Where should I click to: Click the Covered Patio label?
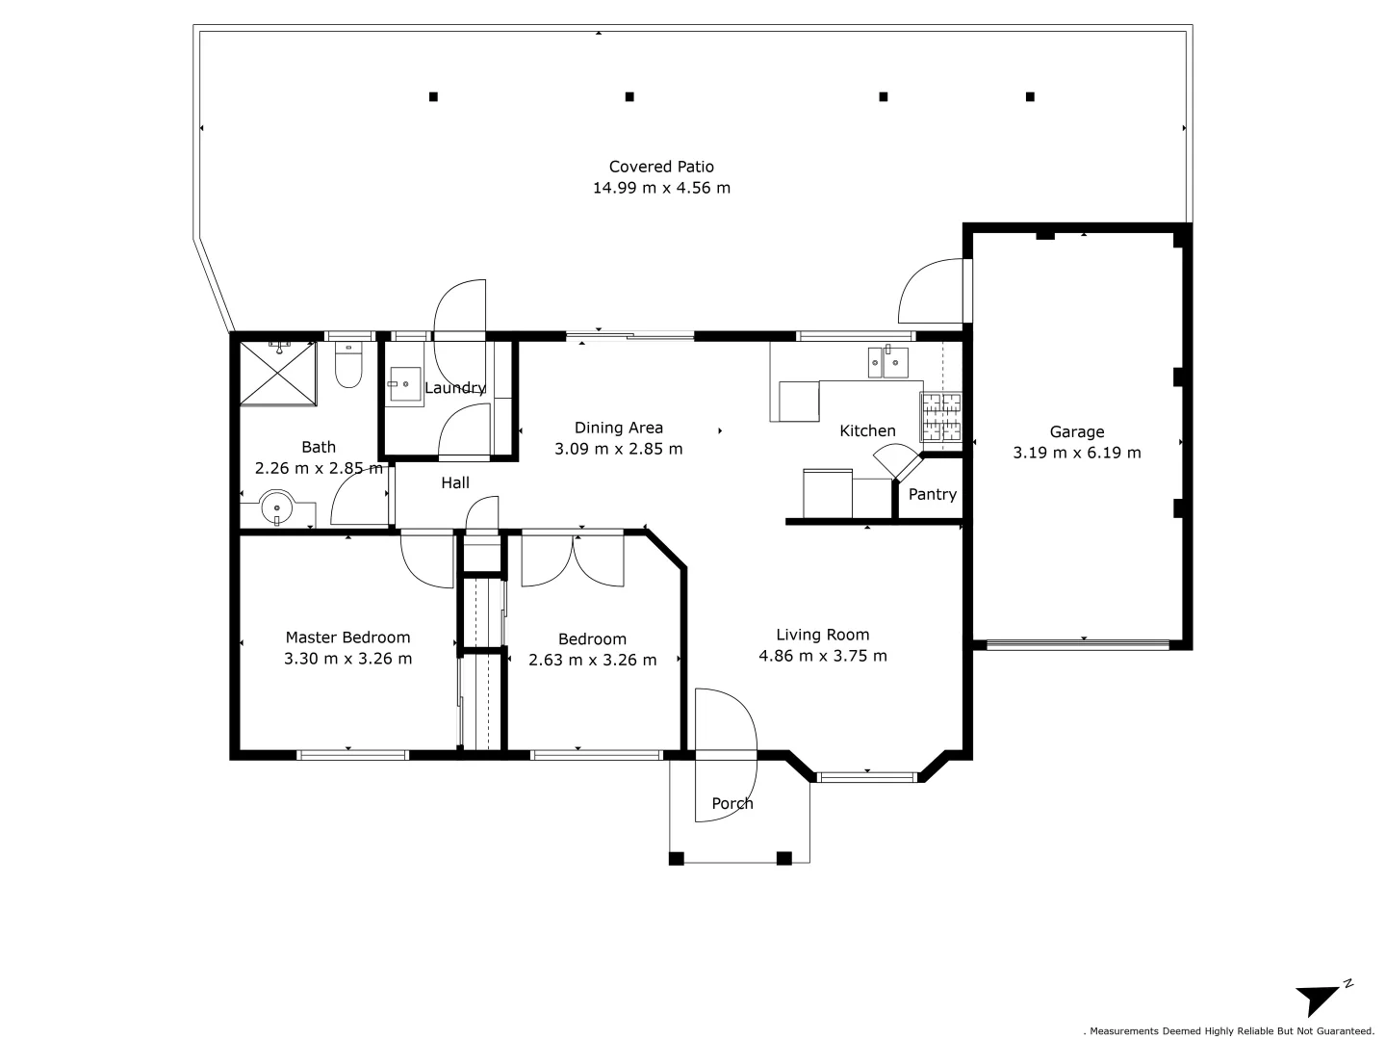click(661, 167)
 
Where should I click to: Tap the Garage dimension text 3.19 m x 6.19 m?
click(1077, 453)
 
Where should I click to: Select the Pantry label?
click(932, 494)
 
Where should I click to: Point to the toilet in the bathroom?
click(347, 365)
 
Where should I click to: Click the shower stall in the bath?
click(278, 374)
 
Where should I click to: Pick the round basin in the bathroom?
click(276, 507)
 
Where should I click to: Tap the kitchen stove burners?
click(940, 416)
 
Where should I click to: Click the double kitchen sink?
click(887, 362)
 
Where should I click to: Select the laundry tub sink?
click(405, 384)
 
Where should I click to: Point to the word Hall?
click(454, 483)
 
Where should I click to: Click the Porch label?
click(731, 803)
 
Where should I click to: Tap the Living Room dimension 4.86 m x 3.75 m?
click(822, 656)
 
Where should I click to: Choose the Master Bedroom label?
click(347, 637)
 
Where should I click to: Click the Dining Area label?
click(618, 429)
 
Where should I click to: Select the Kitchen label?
click(867, 430)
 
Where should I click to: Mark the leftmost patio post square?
click(433, 96)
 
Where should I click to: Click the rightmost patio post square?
click(1030, 96)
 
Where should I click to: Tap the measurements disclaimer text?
click(1229, 1031)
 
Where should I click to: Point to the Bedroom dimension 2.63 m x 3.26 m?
click(592, 660)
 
